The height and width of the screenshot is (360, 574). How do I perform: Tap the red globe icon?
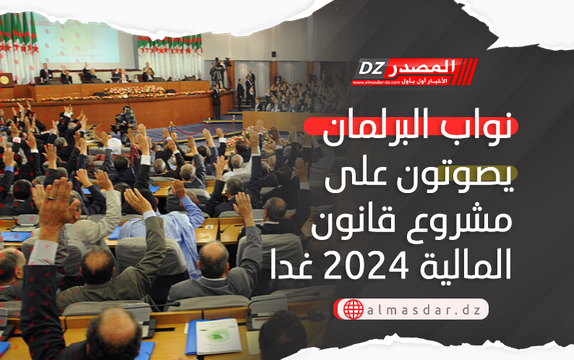click(x=354, y=309)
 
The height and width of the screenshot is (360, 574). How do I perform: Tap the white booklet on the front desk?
click(x=218, y=336)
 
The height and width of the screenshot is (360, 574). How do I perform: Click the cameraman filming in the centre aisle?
click(x=125, y=121)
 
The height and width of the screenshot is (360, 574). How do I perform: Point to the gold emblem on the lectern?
click(x=5, y=80)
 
